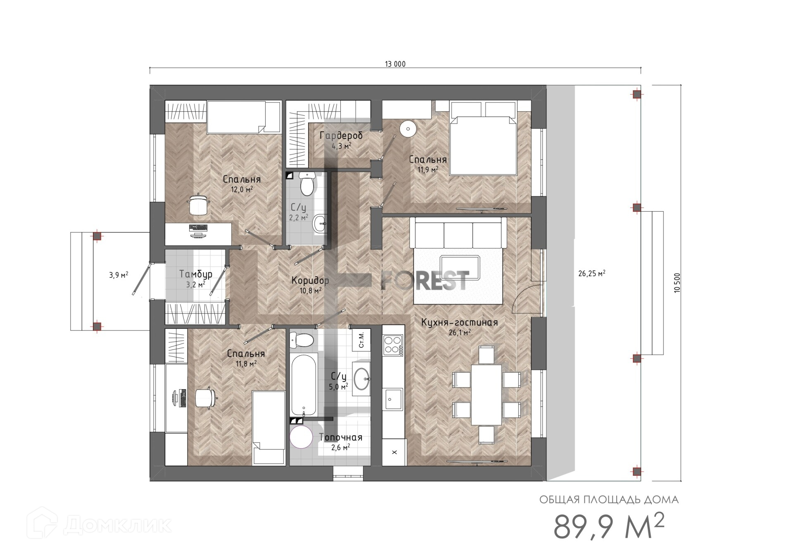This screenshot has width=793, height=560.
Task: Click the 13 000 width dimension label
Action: tap(395, 64)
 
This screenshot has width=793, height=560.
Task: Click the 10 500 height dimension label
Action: tap(677, 283)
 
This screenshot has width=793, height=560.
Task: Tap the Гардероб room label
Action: tap(341, 135)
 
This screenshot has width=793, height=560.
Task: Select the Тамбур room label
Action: tap(196, 274)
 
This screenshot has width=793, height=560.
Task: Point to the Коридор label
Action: tap(310, 281)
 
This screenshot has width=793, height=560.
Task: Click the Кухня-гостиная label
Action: tap(459, 322)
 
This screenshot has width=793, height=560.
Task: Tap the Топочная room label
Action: tap(341, 437)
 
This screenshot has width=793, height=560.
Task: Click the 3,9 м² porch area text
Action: tap(119, 275)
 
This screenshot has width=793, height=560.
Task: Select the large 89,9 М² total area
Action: tap(609, 526)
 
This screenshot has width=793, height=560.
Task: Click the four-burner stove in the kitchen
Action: tap(393, 345)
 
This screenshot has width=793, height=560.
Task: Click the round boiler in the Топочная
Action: tap(302, 437)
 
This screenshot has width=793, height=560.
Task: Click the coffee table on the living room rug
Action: tap(460, 267)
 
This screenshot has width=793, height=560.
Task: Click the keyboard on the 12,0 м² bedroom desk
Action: tap(198, 228)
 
